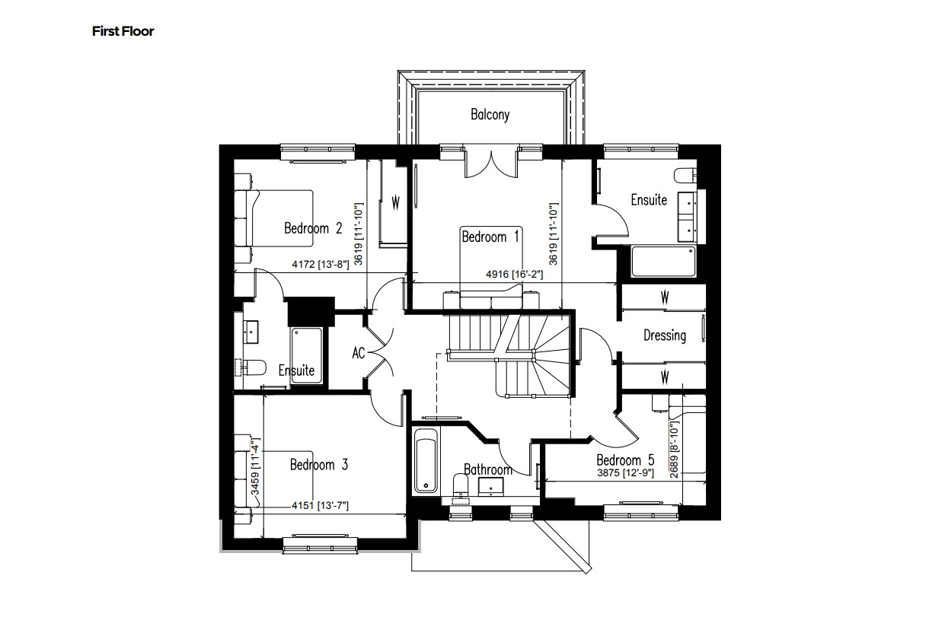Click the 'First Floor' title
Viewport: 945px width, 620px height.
point(123,31)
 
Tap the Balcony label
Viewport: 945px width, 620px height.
point(490,115)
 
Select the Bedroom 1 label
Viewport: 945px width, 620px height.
point(490,237)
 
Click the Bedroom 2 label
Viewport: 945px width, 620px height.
point(313,227)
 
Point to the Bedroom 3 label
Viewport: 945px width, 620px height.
point(318,465)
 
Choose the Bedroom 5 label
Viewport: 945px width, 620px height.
point(624,460)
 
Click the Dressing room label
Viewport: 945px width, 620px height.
point(664,335)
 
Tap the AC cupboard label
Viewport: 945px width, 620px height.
point(359,353)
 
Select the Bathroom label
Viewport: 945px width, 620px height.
point(488,469)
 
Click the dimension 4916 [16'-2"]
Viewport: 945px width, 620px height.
point(514,275)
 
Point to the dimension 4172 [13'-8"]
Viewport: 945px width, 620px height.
point(320,265)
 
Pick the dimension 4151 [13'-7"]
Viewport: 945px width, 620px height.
point(320,506)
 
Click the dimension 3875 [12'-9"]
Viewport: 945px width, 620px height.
point(624,472)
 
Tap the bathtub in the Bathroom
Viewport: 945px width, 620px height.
point(426,461)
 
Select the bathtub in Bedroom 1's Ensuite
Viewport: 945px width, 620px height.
point(662,261)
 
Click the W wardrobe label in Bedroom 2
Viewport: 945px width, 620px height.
point(395,203)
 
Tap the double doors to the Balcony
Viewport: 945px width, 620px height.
point(490,162)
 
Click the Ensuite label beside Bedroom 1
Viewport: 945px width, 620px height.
point(649,200)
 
